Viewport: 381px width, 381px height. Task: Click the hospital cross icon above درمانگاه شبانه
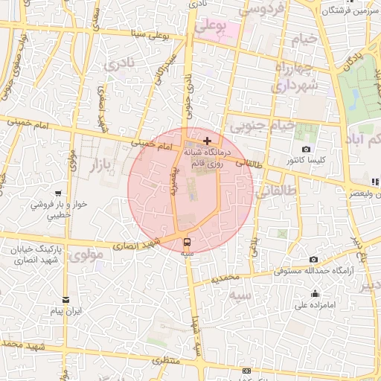(207, 141)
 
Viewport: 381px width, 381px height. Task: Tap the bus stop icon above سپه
(186, 241)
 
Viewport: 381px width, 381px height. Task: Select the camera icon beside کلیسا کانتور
(307, 150)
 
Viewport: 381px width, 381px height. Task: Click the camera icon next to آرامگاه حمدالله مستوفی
(313, 260)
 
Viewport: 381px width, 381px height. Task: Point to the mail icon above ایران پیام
(66, 299)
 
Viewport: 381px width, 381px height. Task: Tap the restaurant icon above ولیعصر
(374, 182)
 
